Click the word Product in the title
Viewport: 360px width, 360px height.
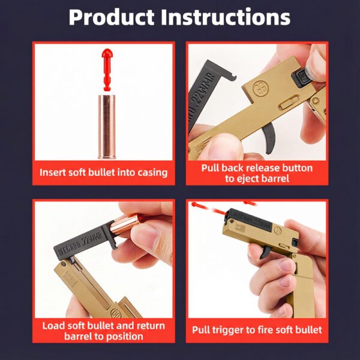coord(112,18)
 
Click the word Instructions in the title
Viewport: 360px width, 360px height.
coord(226,17)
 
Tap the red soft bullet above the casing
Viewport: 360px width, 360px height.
coord(107,69)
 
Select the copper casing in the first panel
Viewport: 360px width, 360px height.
coord(107,127)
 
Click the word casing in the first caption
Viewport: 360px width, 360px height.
coord(152,173)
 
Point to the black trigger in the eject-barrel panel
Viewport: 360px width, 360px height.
coord(269,137)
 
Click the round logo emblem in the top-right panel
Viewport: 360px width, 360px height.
coord(260,89)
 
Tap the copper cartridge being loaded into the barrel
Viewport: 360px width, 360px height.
coord(125,224)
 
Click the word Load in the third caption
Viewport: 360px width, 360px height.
coord(52,326)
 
